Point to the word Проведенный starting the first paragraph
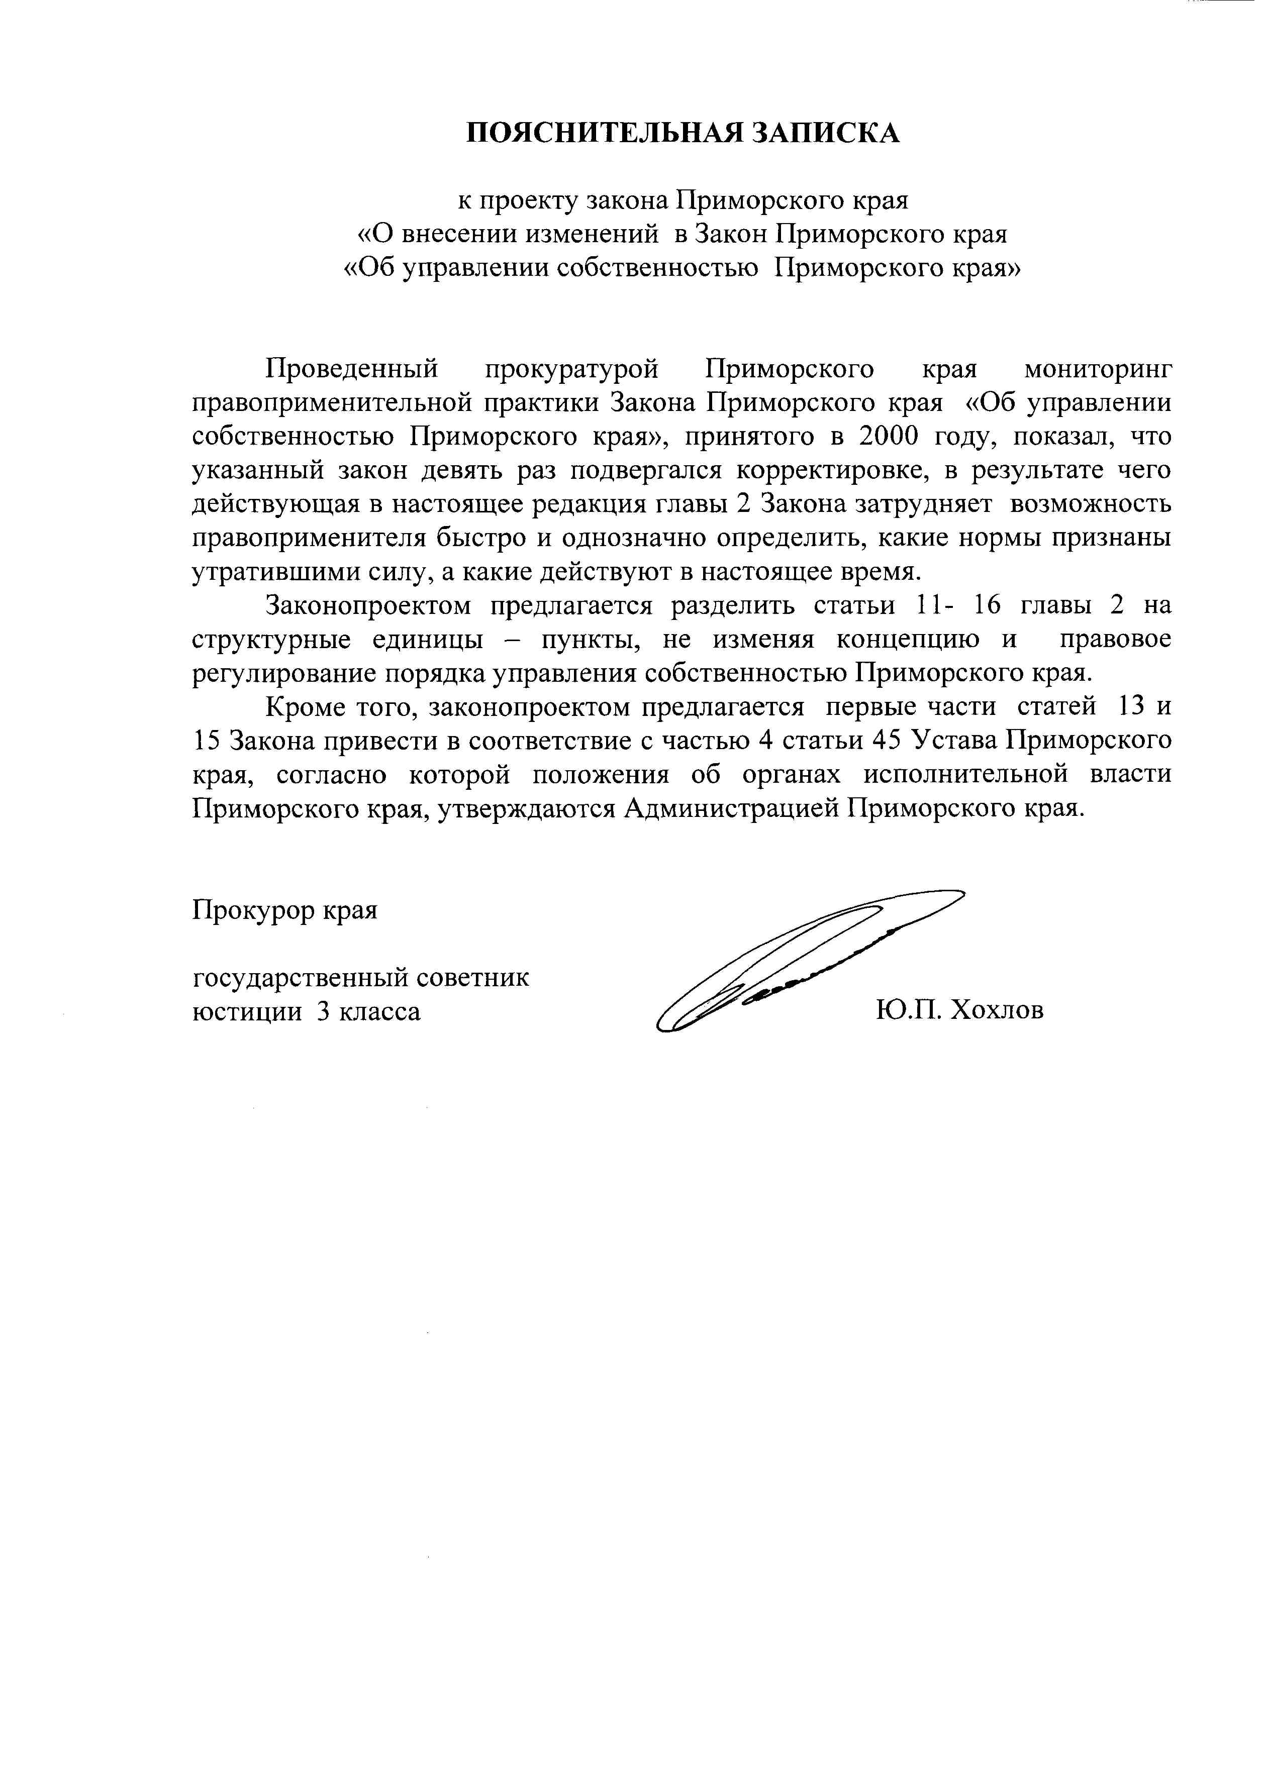(x=352, y=369)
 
